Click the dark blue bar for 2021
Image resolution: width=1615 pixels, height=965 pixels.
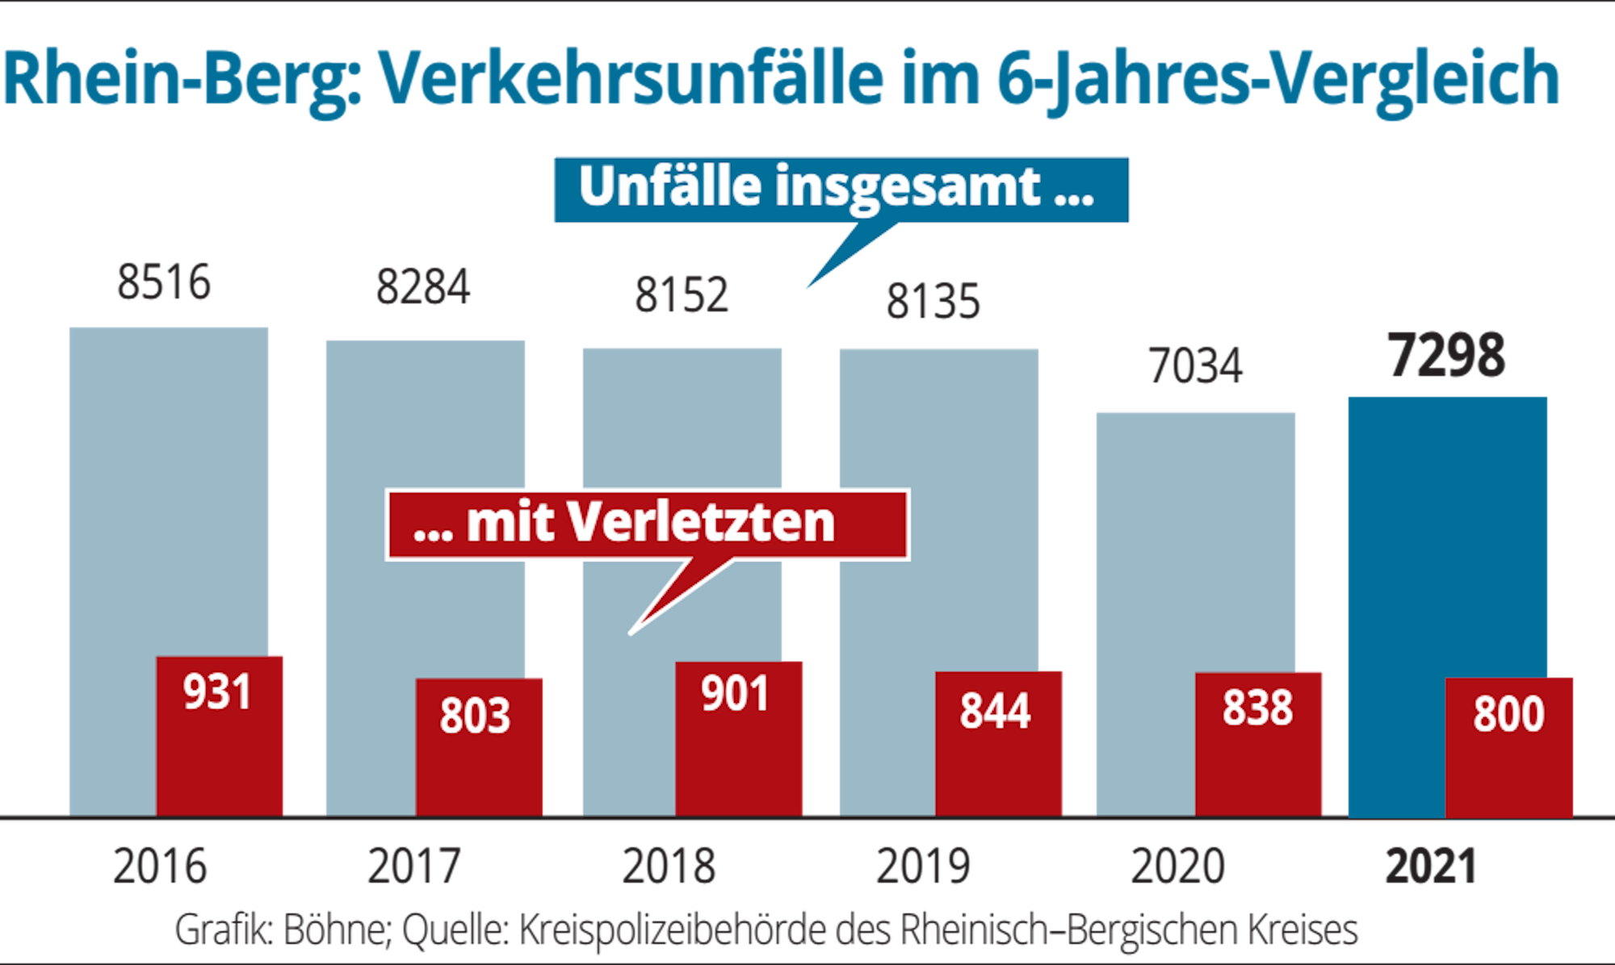pos(1421,533)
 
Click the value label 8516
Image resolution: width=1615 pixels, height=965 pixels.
pos(163,282)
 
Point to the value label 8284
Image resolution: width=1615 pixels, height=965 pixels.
pos(422,287)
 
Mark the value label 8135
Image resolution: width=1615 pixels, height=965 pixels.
pos(933,302)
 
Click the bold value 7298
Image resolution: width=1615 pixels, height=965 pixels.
pos(1446,356)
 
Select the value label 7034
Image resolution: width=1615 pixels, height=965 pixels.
pos(1195,366)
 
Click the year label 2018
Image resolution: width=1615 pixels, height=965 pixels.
pos(669,867)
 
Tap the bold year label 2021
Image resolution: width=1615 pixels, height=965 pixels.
pos(1431,867)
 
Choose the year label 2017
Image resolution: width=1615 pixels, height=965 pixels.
pos(413,867)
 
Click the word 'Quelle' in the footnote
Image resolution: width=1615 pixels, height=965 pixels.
pos(454,930)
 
